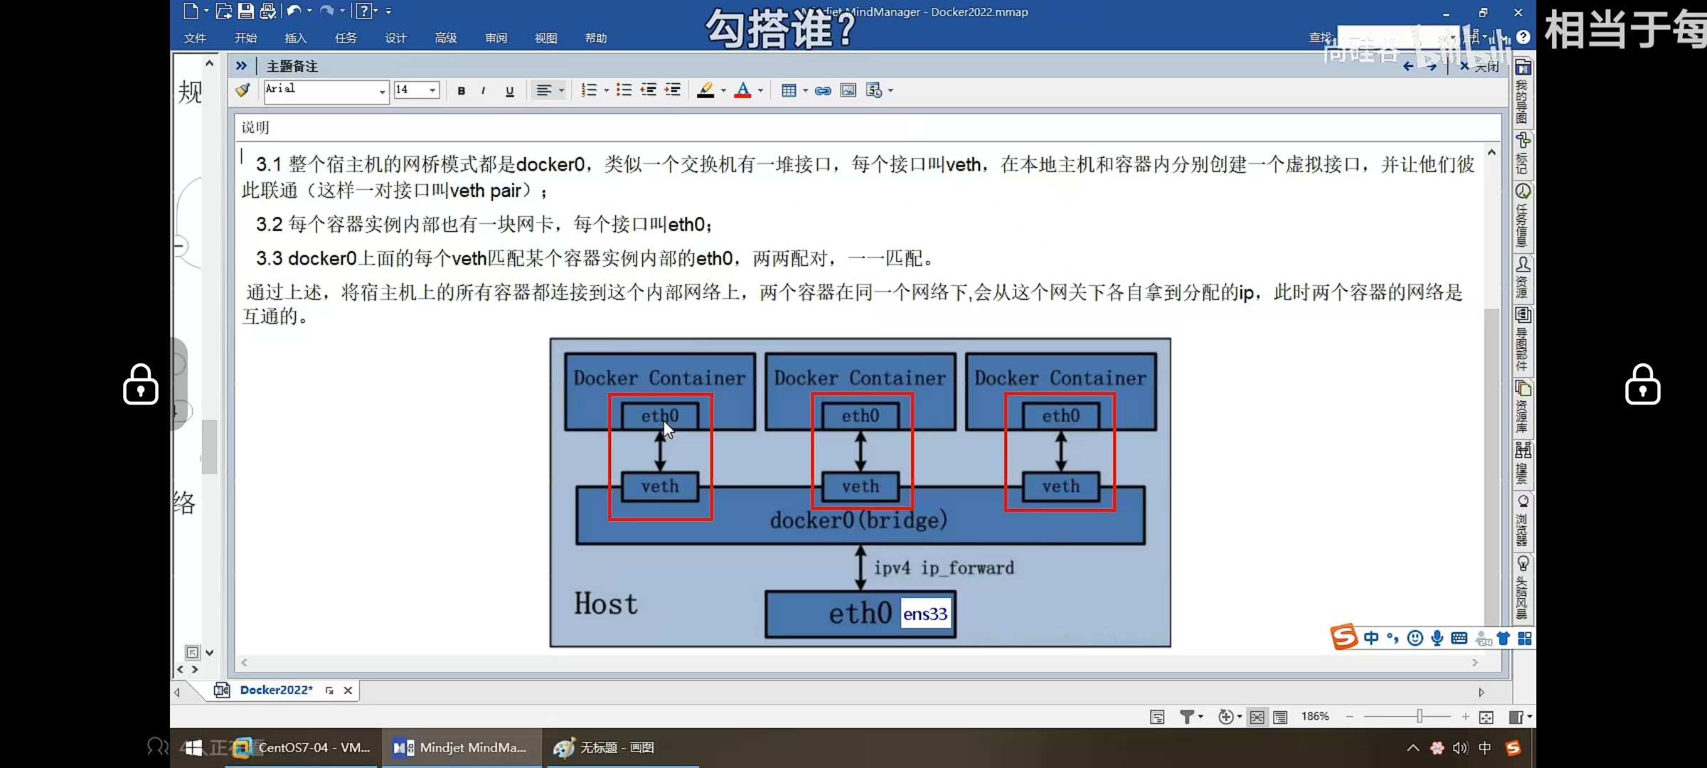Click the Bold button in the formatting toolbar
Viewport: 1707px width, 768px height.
pos(462,90)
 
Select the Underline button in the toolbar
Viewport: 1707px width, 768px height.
pos(509,90)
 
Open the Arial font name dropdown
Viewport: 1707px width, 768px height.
pos(382,91)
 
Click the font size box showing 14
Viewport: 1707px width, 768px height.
pos(410,90)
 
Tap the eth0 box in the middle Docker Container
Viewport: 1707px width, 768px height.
pos(860,416)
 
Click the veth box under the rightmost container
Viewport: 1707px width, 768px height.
pos(1060,486)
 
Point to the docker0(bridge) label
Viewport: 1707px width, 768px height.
pos(858,520)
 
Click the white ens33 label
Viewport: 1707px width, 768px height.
pos(925,614)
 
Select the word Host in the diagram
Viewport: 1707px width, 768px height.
pos(606,604)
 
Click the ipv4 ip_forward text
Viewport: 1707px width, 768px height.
pos(944,567)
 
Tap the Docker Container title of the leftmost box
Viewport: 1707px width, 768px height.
pos(659,378)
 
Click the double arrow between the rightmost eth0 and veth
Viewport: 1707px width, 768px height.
pos(1060,452)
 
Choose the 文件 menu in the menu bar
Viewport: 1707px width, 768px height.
pos(195,38)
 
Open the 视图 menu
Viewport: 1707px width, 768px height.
pos(546,38)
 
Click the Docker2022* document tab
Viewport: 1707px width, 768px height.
pos(276,690)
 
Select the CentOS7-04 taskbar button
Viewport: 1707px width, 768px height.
pos(304,747)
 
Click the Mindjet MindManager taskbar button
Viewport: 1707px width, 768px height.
pos(461,747)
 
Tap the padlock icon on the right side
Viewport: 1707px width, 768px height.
pos(1642,385)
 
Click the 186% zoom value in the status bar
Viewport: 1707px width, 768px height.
pos(1314,716)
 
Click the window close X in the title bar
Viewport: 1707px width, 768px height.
pos(1518,13)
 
